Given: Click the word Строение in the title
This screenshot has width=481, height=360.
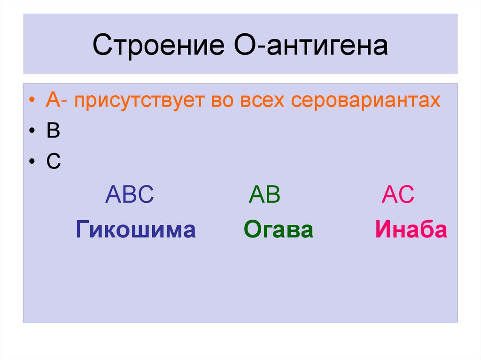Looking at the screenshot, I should [157, 46].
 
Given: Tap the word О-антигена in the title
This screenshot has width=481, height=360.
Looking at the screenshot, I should [308, 46].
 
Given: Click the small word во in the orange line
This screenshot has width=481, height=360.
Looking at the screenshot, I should [223, 101].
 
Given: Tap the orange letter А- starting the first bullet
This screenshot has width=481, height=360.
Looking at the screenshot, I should [56, 101].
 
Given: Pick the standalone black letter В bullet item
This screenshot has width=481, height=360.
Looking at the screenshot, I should [53, 132].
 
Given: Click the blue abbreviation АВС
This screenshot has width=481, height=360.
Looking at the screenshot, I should [129, 194].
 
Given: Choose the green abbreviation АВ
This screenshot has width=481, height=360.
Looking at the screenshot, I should [264, 194].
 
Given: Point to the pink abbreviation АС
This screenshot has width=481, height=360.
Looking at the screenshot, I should [397, 194].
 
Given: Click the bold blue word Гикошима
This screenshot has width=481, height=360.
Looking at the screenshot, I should [135, 230].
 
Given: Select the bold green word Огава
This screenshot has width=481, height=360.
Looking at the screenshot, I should [278, 230].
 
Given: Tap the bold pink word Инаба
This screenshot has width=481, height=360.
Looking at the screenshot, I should [411, 230].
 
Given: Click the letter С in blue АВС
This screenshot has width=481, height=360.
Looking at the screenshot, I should [145, 194].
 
